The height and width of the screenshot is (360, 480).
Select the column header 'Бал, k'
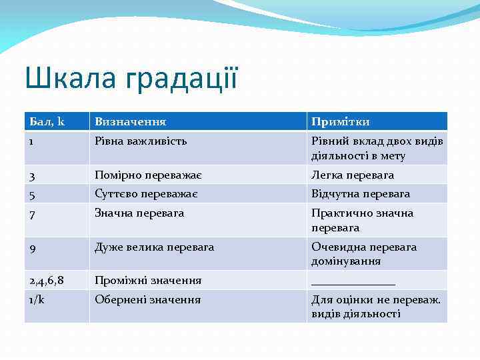click(47, 122)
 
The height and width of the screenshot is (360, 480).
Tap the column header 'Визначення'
click(131, 122)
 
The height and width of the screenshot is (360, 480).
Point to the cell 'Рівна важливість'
click(141, 141)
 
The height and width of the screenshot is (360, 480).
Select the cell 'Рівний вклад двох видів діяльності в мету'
click(377, 148)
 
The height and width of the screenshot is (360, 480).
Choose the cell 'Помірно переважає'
click(149, 175)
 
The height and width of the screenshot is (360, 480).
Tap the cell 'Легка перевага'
click(353, 175)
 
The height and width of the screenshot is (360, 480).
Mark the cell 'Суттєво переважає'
click(146, 194)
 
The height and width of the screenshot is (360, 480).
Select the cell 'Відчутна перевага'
click(361, 194)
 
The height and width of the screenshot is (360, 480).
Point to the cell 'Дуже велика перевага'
click(155, 247)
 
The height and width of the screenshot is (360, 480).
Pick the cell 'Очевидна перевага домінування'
click(364, 254)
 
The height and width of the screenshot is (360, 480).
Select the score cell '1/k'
click(36, 300)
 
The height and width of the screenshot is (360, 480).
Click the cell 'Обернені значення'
click(147, 300)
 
